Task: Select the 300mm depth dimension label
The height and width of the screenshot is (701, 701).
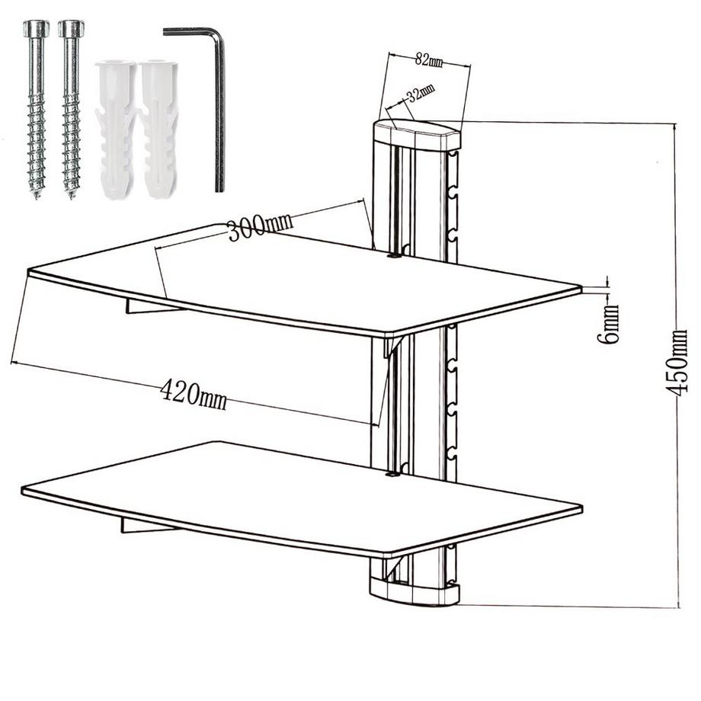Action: point(260,226)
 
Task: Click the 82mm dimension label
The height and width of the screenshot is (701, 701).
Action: point(429,59)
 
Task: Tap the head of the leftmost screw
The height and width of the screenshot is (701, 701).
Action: point(35,29)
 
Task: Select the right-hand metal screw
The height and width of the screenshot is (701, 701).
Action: point(71,109)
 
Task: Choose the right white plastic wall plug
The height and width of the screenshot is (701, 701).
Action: point(158,130)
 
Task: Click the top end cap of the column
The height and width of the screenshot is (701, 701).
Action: point(417,134)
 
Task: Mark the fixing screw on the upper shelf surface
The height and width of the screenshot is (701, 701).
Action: point(393,257)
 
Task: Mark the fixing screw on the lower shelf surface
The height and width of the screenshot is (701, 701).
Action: point(392,475)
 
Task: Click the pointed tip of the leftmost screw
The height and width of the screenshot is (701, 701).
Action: point(36,197)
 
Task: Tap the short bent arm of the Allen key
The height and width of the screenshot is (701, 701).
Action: point(191,31)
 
